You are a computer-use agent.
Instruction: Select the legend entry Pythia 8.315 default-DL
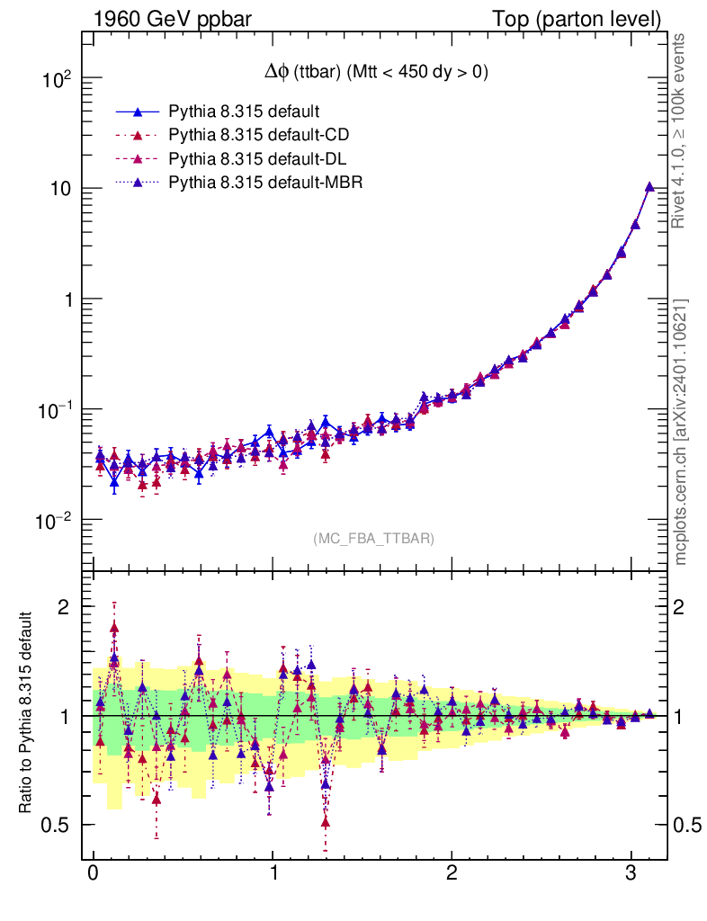tap(258, 159)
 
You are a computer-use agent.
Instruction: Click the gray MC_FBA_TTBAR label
tap(374, 539)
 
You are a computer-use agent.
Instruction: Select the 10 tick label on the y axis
tap(60, 189)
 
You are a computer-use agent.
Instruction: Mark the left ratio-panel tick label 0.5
tap(56, 826)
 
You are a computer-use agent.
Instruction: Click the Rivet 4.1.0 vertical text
tap(682, 130)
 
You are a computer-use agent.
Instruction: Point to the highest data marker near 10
tap(649, 187)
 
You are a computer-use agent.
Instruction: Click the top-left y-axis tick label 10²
tap(56, 79)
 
